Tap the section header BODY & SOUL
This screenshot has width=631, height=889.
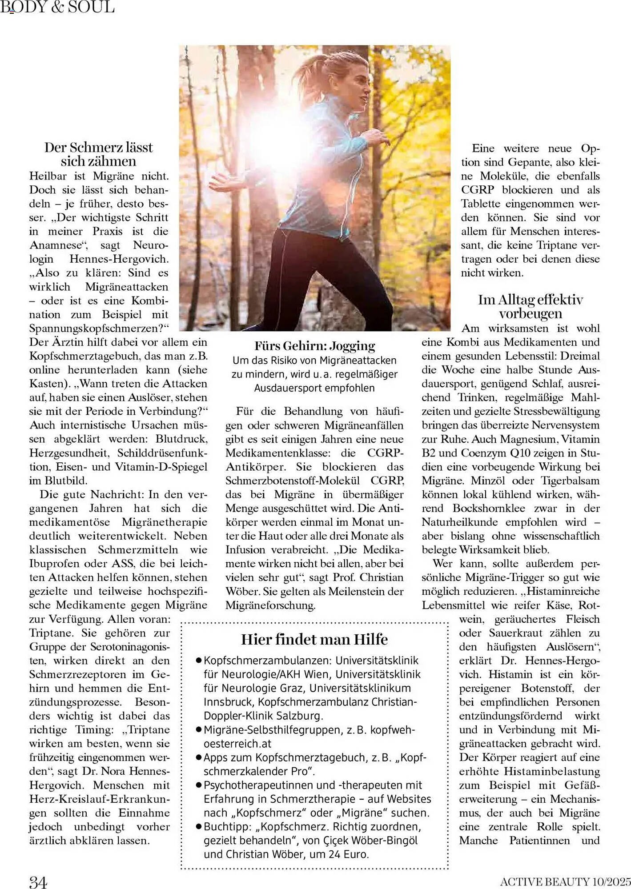click(58, 7)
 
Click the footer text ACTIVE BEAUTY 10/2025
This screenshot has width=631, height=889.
click(565, 881)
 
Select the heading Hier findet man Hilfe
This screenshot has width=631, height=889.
click(314, 639)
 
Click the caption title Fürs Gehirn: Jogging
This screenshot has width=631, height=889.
click(314, 346)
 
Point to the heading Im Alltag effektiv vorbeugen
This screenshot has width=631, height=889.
click(531, 307)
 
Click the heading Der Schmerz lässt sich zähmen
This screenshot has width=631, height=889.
click(99, 154)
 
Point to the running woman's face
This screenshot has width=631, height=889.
click(358, 89)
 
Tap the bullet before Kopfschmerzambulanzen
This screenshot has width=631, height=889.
click(199, 661)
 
